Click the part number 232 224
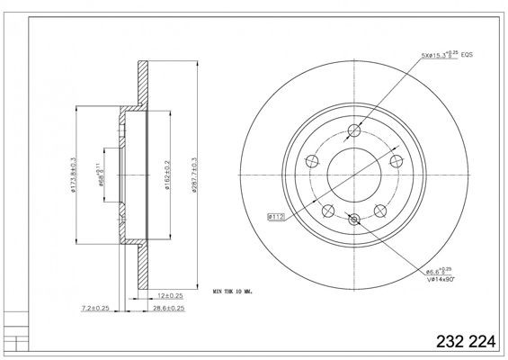pos(465,343)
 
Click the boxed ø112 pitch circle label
pos(275,216)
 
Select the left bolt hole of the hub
pos(312,161)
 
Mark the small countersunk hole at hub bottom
pos(354,218)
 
